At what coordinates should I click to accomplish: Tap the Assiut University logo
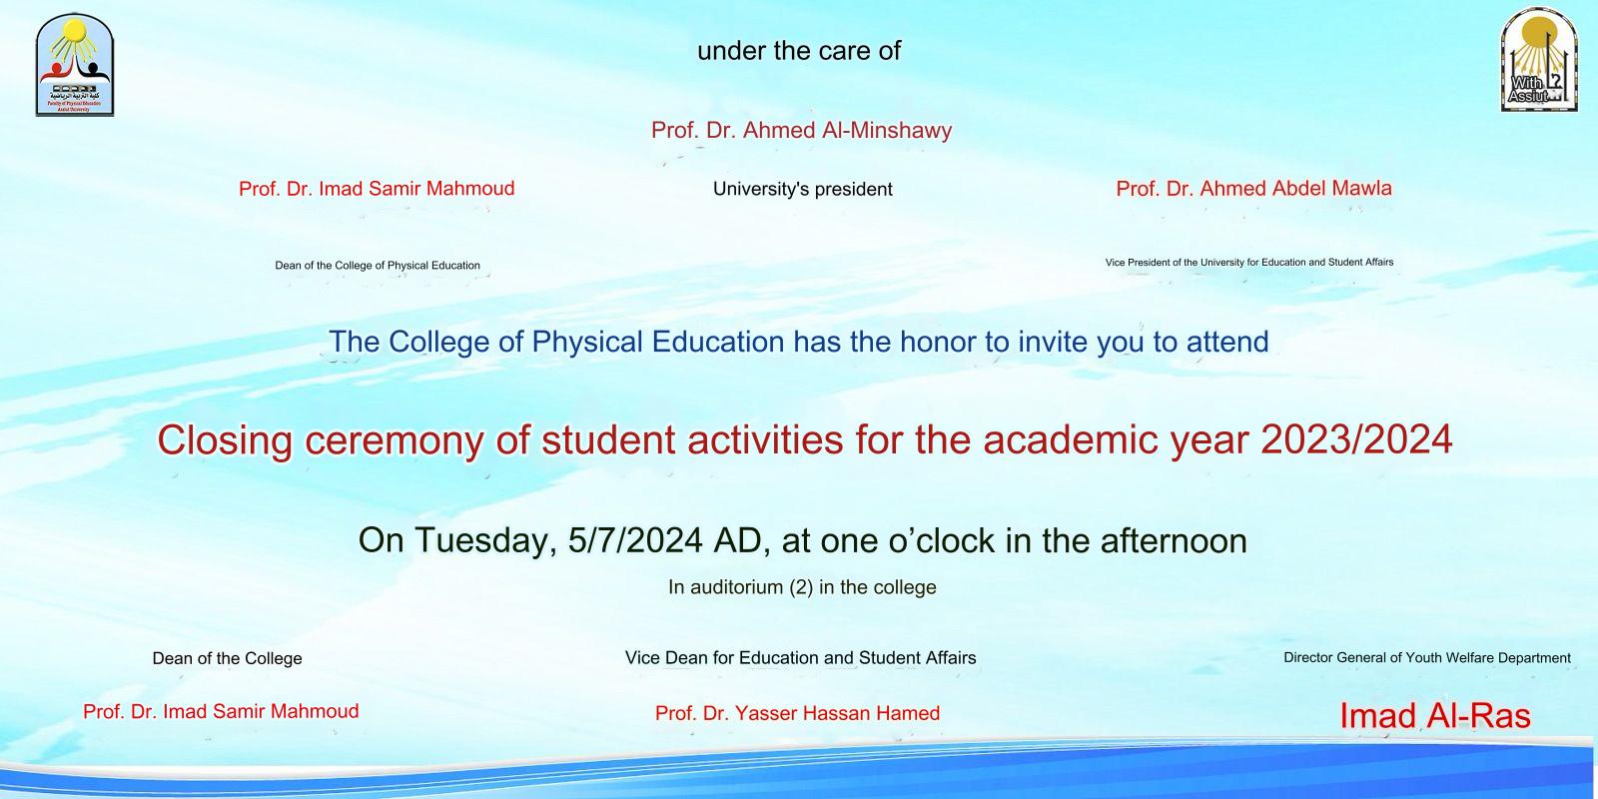(x=1538, y=60)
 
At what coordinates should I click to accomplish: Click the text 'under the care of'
(x=799, y=51)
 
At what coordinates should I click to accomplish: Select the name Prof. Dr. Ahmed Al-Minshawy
(x=801, y=131)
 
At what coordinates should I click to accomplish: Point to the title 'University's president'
(x=802, y=190)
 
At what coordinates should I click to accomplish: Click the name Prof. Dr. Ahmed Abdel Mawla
(x=1253, y=189)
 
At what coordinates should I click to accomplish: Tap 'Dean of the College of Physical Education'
(x=378, y=266)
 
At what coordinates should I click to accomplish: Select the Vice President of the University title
(x=1248, y=263)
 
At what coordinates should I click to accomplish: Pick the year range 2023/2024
(x=1356, y=439)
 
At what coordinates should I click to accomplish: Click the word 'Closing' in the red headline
(x=225, y=440)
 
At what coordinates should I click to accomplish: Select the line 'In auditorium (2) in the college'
(x=802, y=587)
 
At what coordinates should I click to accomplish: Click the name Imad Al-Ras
(x=1434, y=715)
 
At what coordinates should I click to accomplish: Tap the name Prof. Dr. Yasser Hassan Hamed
(x=797, y=713)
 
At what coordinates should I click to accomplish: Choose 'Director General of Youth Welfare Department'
(x=1426, y=658)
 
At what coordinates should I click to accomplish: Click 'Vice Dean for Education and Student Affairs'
(x=800, y=658)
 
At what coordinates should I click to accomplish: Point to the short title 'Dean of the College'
(x=227, y=659)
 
